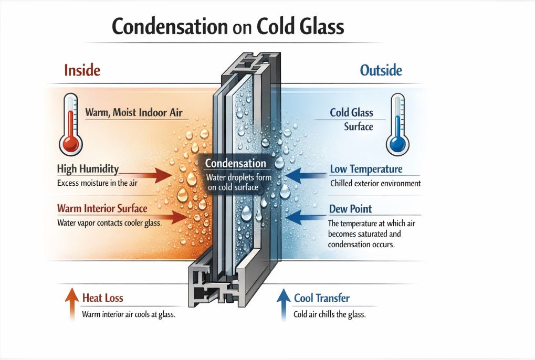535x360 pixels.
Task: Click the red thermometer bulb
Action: point(69,143)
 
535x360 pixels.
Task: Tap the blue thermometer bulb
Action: point(397,143)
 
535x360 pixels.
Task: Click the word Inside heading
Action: point(82,70)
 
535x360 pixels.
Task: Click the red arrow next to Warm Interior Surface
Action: point(173,215)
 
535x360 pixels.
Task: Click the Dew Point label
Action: point(350,209)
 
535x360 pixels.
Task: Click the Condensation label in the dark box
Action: point(235,163)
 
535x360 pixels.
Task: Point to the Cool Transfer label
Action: point(321,299)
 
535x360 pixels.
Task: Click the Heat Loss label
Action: point(103,298)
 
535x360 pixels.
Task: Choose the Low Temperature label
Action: point(366,169)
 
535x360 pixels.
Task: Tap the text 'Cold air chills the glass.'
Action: point(329,315)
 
